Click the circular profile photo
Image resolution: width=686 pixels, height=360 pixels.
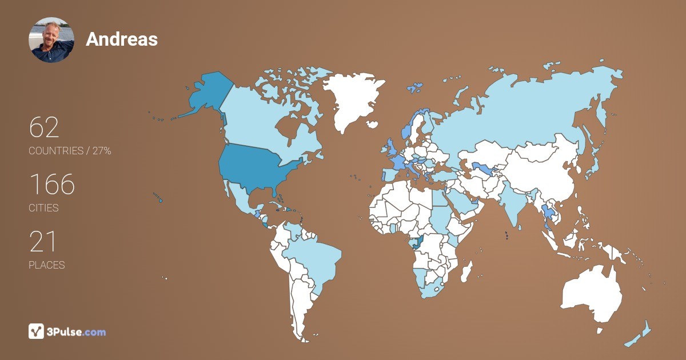[51, 40]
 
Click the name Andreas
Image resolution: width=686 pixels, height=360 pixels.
[122, 39]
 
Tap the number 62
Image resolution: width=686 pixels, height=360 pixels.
[44, 127]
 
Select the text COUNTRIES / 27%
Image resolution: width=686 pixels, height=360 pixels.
[70, 151]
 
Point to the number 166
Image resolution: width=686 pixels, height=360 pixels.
[52, 185]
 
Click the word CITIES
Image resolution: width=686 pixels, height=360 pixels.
[43, 208]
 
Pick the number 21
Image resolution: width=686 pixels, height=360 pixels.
[43, 242]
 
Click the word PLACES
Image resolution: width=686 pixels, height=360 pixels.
[46, 265]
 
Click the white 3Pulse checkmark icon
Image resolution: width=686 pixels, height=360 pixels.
[36, 331]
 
